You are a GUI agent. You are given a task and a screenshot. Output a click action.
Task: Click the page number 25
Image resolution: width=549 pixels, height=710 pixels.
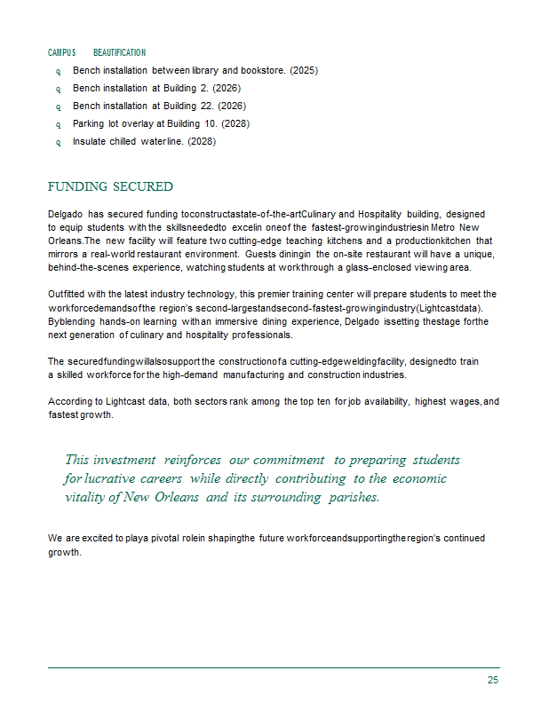point(492,680)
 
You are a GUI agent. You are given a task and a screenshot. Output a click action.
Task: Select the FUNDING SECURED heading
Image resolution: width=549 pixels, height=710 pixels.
point(110,186)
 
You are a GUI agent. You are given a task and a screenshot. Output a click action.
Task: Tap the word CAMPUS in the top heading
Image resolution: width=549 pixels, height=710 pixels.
point(62,53)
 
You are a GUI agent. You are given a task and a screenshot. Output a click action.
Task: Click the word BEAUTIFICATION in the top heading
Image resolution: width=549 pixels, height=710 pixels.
point(119,53)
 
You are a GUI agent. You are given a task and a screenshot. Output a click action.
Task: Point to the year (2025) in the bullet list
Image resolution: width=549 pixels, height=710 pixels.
point(304,70)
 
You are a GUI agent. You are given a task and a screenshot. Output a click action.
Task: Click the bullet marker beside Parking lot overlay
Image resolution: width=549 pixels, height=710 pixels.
point(59,124)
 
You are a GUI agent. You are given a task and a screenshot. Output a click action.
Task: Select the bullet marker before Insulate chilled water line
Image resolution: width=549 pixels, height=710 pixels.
point(59,142)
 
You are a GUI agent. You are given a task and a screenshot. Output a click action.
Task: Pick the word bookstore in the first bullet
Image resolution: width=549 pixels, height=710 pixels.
point(263,70)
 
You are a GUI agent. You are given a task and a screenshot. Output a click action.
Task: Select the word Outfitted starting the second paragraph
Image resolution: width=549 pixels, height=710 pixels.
point(68,294)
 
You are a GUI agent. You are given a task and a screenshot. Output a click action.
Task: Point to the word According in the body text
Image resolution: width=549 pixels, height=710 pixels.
point(70,402)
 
